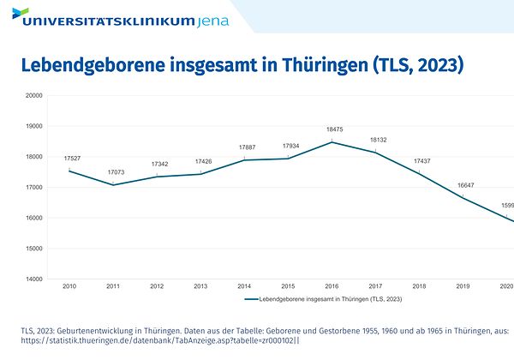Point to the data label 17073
point(117,172)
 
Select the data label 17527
point(73,159)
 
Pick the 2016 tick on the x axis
point(331,286)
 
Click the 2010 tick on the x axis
point(69,286)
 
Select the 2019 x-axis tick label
point(463,286)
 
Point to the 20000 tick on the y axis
point(33,96)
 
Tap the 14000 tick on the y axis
point(33,279)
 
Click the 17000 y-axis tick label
point(33,188)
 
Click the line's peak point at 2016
point(332,142)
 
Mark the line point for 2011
point(113,185)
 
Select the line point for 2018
point(419,174)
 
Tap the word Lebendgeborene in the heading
point(91,65)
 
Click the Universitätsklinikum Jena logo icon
point(20,15)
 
